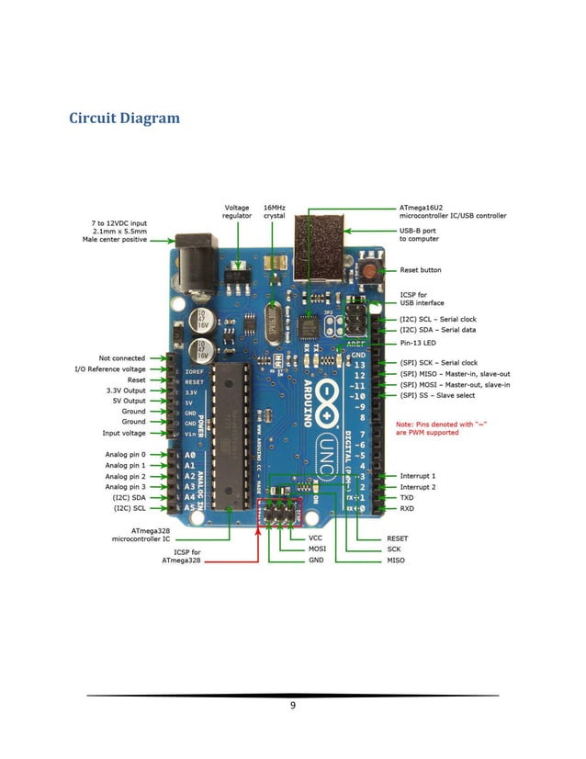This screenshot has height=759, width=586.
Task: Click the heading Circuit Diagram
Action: [x=124, y=119]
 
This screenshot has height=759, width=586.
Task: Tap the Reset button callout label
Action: [x=420, y=270]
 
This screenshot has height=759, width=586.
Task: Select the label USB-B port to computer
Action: [x=419, y=234]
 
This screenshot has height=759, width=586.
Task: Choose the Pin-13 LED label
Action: [x=418, y=342]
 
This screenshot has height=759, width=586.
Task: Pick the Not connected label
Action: [x=121, y=357]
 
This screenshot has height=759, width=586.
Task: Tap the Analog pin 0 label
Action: [x=125, y=454]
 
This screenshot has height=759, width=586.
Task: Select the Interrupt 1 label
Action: [x=418, y=476]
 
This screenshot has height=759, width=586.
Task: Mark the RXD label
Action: [x=407, y=508]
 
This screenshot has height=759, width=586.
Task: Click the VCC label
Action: [x=315, y=538]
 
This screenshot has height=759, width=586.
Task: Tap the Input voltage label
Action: [x=123, y=433]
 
